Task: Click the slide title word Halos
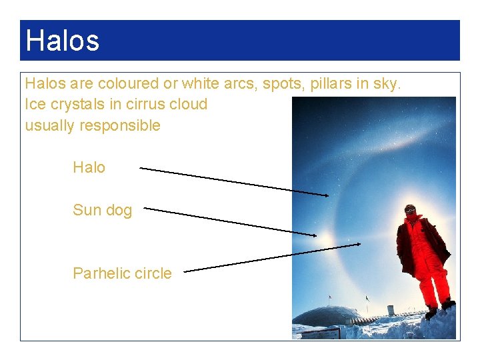pyautogui.click(x=62, y=40)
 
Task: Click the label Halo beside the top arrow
pyautogui.click(x=89, y=167)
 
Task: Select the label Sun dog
pyautogui.click(x=102, y=210)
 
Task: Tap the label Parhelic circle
pyautogui.click(x=122, y=273)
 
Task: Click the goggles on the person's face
pyautogui.click(x=410, y=209)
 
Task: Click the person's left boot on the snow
pyautogui.click(x=431, y=312)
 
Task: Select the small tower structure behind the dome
pyautogui.click(x=391, y=310)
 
